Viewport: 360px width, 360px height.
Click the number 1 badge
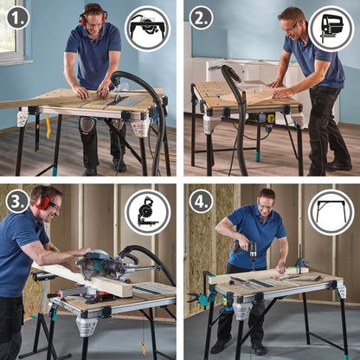(17, 17)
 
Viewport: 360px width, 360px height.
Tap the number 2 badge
(201, 17)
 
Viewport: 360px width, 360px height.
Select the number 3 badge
(17, 201)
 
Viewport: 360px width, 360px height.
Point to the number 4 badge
(201, 201)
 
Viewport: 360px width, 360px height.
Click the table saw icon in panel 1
(147, 29)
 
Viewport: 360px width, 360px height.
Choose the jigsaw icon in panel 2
(331, 29)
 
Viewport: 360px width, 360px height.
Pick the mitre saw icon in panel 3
(147, 212)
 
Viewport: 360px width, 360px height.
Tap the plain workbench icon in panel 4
(331, 212)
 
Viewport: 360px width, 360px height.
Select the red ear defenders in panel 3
(42, 199)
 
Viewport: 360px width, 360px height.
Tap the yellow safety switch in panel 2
(271, 119)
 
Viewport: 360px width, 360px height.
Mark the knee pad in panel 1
(86, 124)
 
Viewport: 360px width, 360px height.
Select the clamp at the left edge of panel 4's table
(201, 297)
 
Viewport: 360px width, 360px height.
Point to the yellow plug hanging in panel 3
(144, 347)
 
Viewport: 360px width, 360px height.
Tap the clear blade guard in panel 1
(119, 88)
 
